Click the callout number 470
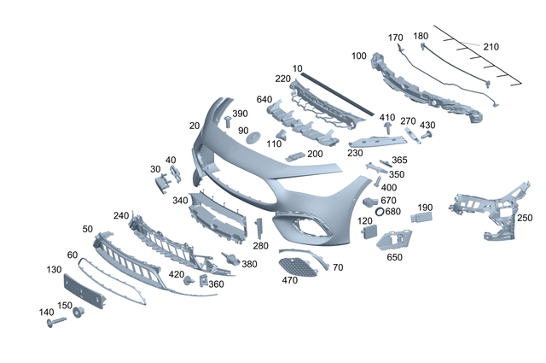(x=289, y=279)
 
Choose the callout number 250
(x=525, y=218)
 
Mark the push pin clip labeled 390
(x=229, y=124)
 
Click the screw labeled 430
(x=427, y=135)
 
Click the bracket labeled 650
(x=393, y=240)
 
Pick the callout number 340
(x=179, y=201)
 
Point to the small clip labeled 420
(x=189, y=279)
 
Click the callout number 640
(x=264, y=99)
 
